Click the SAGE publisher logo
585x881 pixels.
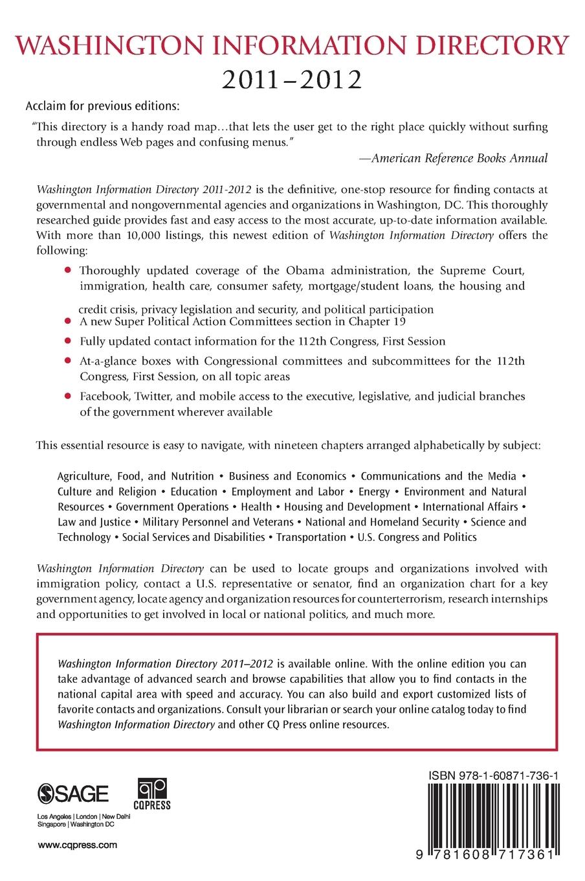72,792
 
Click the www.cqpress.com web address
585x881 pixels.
77,845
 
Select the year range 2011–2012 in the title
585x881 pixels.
292,80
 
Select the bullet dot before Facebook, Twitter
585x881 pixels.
67,396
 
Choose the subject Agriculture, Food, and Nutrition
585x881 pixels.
135,475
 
